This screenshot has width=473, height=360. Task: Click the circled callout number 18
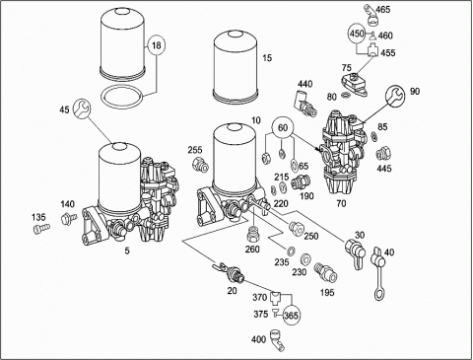[x=157, y=45]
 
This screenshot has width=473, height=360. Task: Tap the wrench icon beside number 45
[x=81, y=108]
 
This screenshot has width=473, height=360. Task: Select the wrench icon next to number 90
[x=394, y=96]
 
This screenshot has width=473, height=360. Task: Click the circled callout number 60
[x=282, y=127]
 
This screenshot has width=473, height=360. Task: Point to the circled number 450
[x=357, y=34]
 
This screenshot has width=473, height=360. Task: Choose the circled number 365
[x=292, y=316]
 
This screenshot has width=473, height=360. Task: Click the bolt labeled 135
[x=41, y=228]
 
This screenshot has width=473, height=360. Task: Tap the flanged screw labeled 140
[x=69, y=218]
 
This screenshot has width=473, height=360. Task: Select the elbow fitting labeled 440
[x=305, y=104]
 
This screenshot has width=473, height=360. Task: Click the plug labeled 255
[x=200, y=165]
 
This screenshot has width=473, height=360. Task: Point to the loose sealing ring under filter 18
[x=122, y=96]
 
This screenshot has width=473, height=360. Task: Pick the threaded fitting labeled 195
[x=325, y=272]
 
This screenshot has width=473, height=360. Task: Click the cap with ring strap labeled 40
[x=377, y=272]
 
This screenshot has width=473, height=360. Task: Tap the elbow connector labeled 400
[x=278, y=340]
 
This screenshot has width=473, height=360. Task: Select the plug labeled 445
[x=382, y=154]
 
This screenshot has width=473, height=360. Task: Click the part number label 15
[x=267, y=58]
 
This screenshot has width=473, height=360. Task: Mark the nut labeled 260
[x=253, y=235]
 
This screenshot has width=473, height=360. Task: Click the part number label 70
[x=341, y=203]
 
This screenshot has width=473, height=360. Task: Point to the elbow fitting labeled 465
[x=371, y=16]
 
